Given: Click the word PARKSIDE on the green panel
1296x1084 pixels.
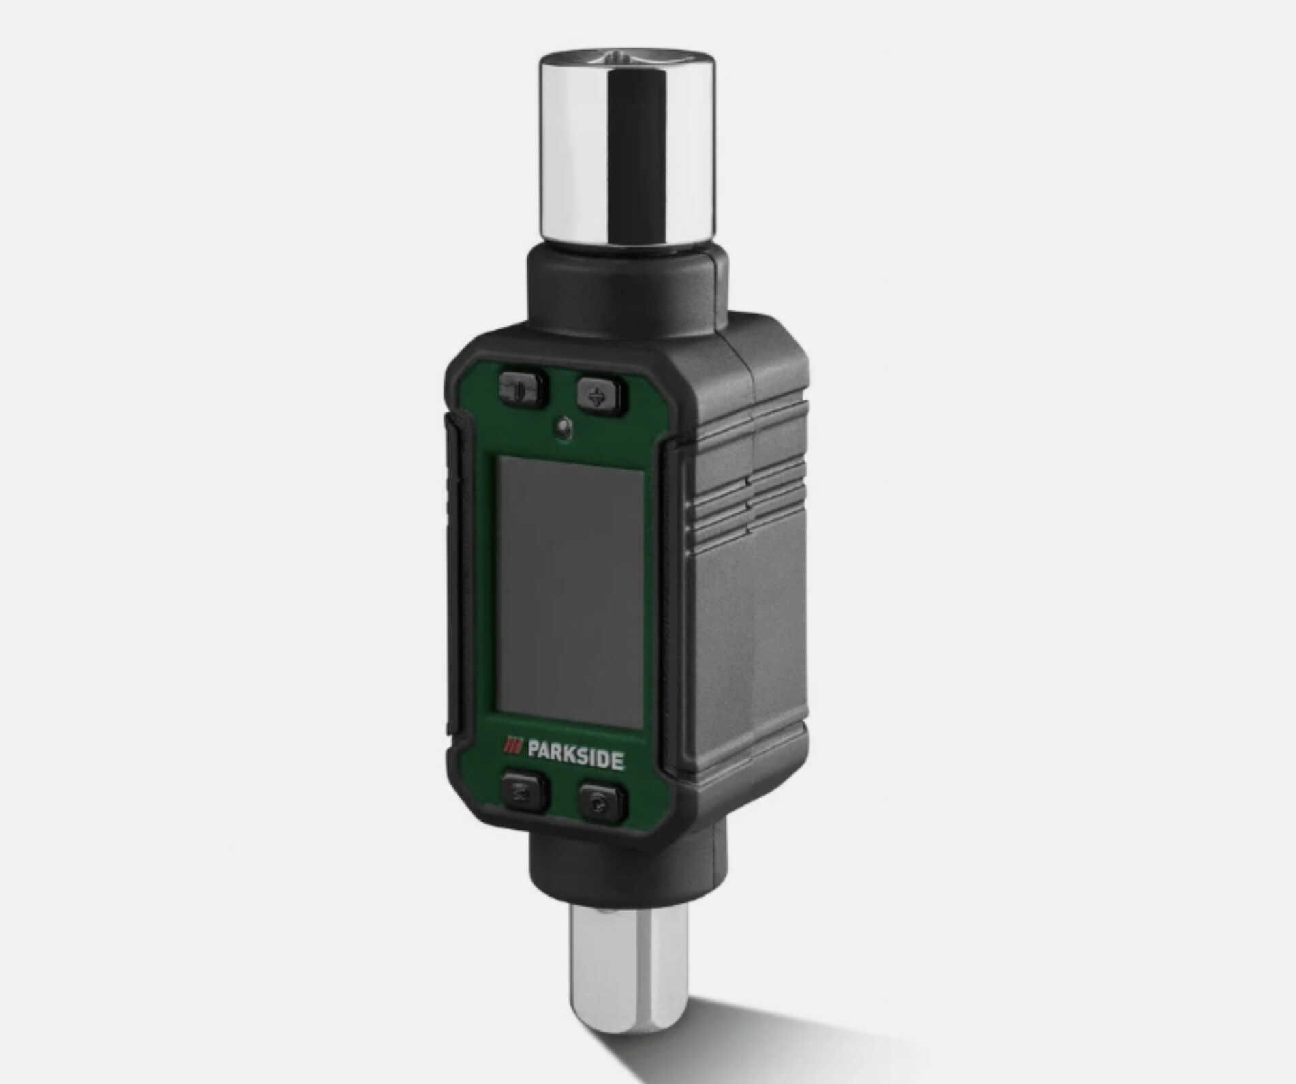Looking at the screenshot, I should click(x=575, y=759).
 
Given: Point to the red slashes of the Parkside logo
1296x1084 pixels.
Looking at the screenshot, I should click(x=512, y=747).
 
